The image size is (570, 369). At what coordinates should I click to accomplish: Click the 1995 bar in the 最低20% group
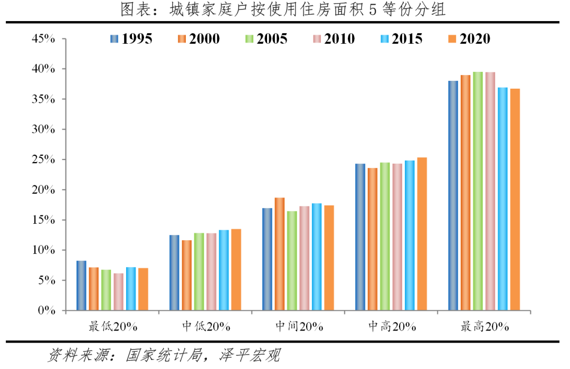(81, 286)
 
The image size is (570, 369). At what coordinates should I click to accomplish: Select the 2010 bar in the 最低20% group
(118, 291)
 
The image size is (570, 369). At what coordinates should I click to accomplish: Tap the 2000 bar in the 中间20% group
(280, 254)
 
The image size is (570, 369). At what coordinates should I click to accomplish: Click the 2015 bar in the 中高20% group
(410, 235)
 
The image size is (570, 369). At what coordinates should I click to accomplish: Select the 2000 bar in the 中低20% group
(186, 275)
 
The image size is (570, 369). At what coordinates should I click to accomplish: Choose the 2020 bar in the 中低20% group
(236, 270)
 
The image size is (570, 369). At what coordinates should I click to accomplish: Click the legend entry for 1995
(131, 39)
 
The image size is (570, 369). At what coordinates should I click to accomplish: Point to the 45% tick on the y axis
(44, 39)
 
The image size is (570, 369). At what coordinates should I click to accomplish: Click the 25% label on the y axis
(44, 159)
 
